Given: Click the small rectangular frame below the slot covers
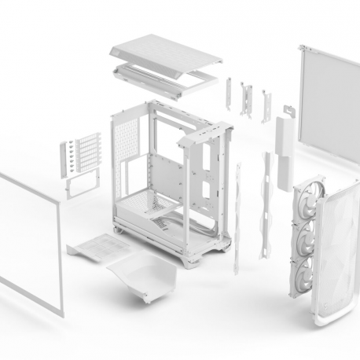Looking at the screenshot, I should click(79, 186).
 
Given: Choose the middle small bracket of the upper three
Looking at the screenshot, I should click(247, 98).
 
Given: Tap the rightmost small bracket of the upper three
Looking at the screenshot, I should click(266, 105).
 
